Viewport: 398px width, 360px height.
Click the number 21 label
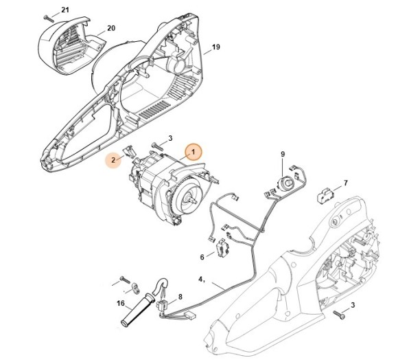pos(65,10)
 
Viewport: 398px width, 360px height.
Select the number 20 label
pos(110,30)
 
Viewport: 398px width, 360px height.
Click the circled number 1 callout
pos(193,151)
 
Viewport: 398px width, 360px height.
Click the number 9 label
pos(281,154)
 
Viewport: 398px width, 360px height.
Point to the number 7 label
pos(345,183)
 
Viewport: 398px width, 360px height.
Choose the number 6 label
pos(202,257)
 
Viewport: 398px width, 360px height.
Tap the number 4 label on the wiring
pos(201,280)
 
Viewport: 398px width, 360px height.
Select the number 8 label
pos(180,297)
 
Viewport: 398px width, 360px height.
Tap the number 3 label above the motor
pos(170,138)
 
